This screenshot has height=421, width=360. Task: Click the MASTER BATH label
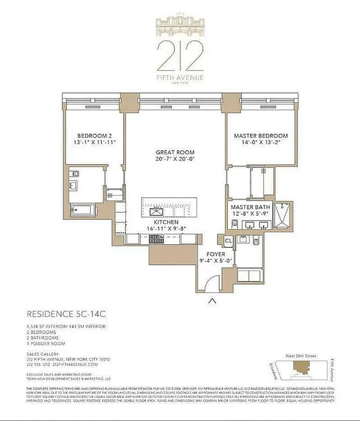[251, 207]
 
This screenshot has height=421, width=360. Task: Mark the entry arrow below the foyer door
[212, 300]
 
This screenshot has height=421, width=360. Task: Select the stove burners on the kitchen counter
[157, 239]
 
